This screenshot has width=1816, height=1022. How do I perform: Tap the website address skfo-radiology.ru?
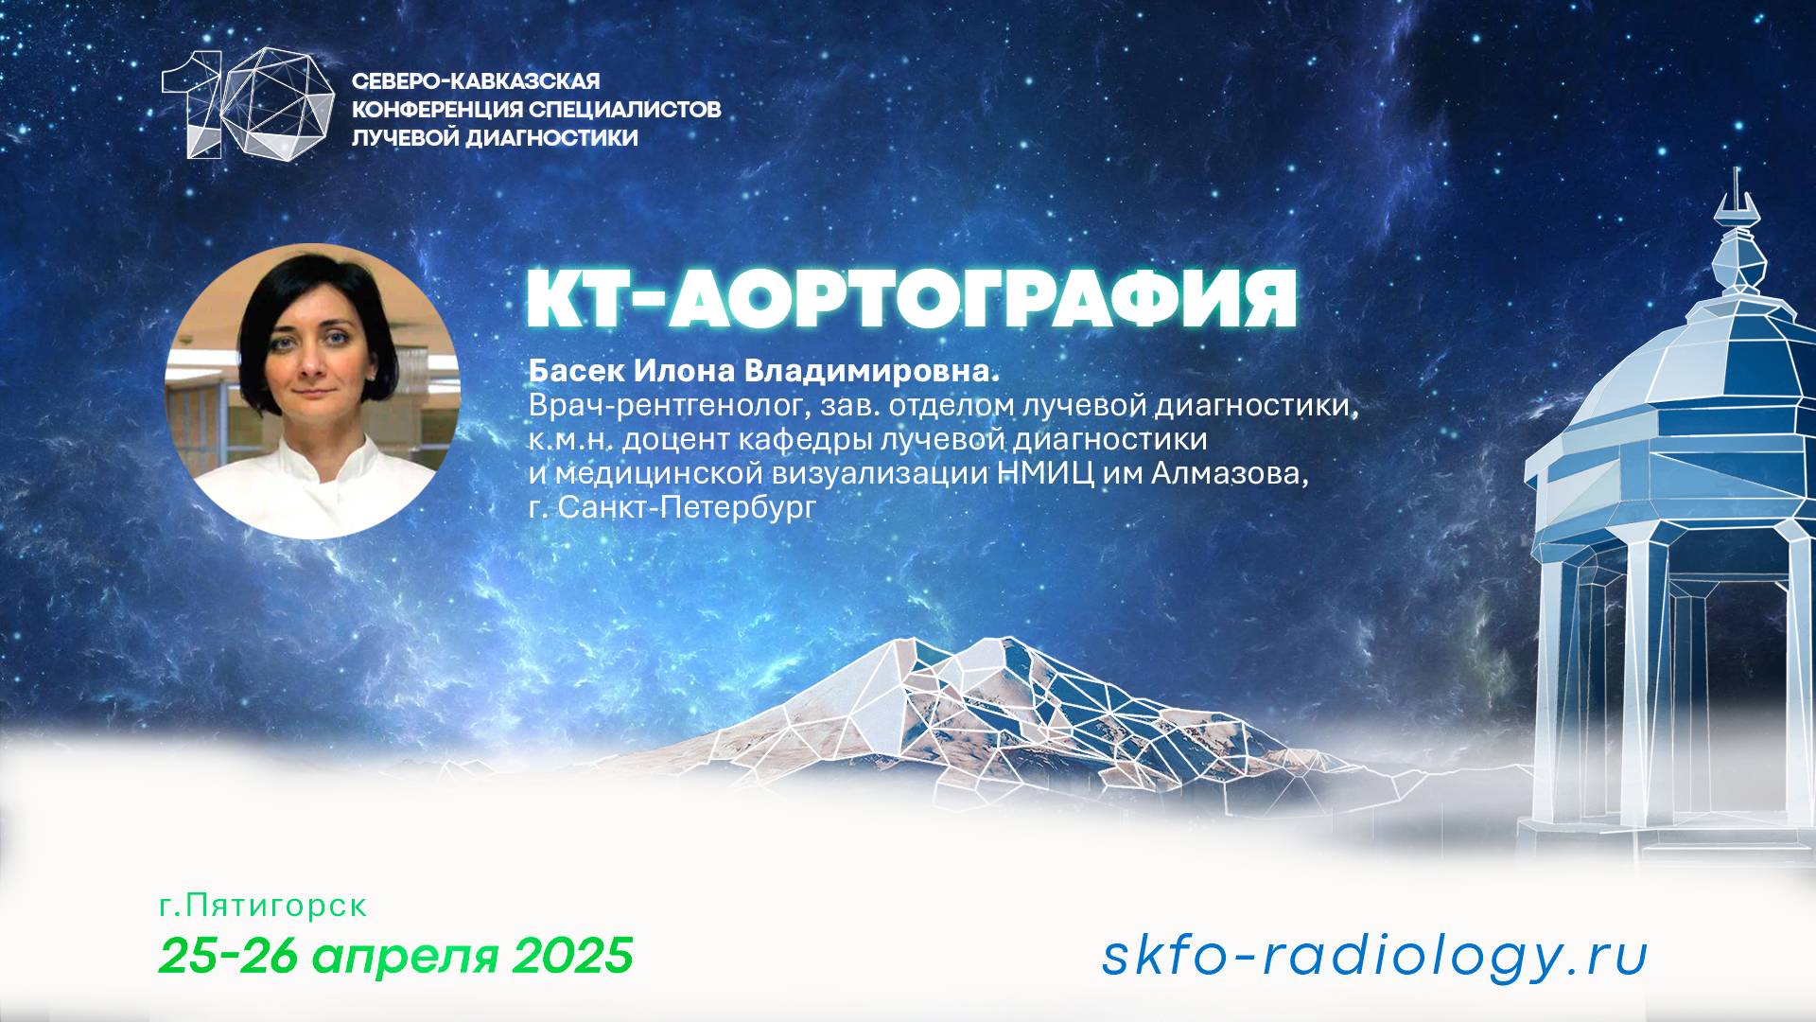(1374, 955)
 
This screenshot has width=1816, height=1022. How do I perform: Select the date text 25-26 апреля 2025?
(395, 955)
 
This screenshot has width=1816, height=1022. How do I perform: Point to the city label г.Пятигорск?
(263, 906)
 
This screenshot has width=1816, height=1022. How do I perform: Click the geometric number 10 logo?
(248, 102)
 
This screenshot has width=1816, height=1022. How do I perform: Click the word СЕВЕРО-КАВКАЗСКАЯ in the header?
(476, 81)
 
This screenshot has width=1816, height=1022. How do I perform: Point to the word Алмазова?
(1230, 473)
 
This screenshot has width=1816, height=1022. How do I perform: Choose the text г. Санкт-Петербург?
(672, 507)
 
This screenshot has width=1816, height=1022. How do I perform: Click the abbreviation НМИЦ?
(1047, 473)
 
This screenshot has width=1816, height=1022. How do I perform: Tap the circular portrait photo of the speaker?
(312, 391)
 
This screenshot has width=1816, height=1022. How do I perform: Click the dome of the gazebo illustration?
(1693, 379)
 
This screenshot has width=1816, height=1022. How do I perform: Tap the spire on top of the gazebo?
(1736, 203)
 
